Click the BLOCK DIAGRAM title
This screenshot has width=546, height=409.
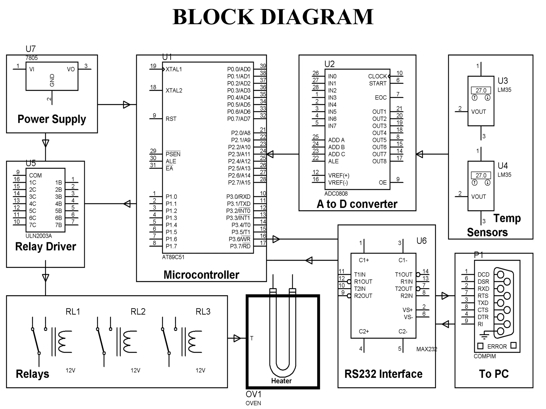tap(273, 17)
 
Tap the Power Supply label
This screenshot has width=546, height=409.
tap(52, 119)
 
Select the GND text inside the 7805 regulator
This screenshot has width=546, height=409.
tap(52, 80)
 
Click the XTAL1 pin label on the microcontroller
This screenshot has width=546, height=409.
tap(174, 69)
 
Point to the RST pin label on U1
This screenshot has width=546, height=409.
tap(171, 119)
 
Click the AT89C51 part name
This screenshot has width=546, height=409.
tap(173, 257)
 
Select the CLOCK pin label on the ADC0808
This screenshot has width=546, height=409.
tap(377, 76)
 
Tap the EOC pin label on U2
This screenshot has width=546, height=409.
tap(380, 98)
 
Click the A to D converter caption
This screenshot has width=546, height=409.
tap(357, 204)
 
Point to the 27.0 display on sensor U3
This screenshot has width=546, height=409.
tap(481, 91)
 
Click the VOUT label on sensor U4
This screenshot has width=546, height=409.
tap(478, 197)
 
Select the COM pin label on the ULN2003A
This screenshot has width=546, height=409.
tap(35, 175)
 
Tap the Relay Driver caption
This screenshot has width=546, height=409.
tap(46, 247)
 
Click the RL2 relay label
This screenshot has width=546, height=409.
tap(138, 312)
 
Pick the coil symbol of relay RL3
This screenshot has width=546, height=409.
tap(195, 342)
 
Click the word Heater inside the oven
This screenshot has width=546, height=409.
tap(281, 381)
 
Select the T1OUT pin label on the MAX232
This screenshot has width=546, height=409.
tap(403, 275)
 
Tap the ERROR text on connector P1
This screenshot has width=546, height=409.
tap(497, 346)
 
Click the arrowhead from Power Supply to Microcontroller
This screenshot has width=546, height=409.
tap(127, 105)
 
